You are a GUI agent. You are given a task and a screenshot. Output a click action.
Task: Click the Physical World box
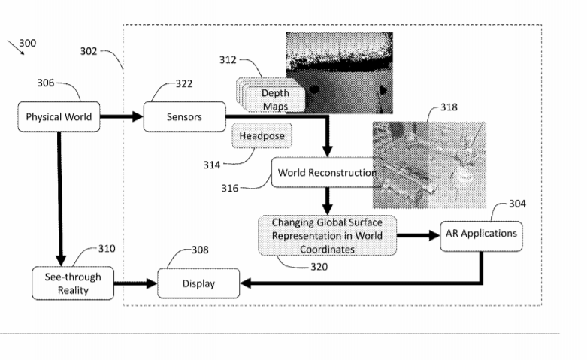click(59, 116)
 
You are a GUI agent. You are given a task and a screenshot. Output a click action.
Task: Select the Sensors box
click(183, 116)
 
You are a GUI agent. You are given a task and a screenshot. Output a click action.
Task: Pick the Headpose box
click(260, 136)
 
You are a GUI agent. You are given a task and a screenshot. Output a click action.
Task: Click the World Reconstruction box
click(325, 172)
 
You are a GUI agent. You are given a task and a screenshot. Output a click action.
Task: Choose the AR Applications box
click(479, 234)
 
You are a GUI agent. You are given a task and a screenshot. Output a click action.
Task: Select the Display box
click(198, 283)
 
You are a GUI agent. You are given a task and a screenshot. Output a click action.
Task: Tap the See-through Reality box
click(67, 283)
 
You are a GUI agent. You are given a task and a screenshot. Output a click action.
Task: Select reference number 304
click(517, 203)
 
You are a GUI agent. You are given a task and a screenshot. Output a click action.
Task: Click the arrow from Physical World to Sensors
click(120, 116)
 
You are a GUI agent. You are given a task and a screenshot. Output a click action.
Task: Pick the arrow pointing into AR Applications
click(417, 235)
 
